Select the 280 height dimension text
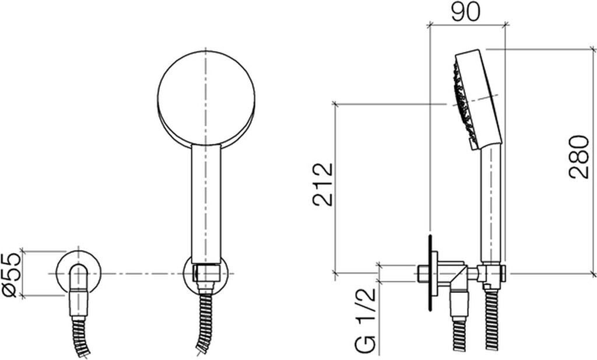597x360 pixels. point(579,156)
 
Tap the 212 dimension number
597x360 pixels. point(323,184)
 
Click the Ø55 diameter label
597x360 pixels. point(11,275)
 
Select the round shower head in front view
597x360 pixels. point(206,98)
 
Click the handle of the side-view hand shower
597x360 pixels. point(490,204)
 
